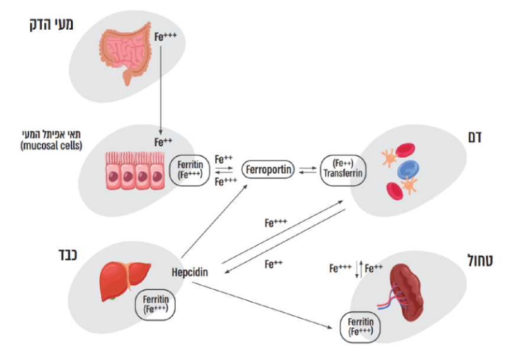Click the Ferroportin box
[268, 170]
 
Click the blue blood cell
[409, 170]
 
